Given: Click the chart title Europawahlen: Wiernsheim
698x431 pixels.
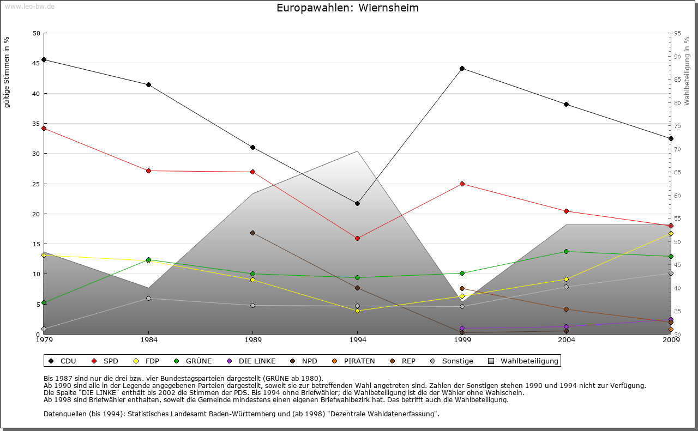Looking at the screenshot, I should tap(347, 8).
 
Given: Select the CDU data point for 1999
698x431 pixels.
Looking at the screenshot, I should tap(462, 68).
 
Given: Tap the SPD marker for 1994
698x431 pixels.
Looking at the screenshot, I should tap(357, 238).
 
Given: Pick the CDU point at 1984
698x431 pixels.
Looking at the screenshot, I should tap(148, 84).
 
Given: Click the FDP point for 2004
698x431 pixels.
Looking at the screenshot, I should tap(567, 279).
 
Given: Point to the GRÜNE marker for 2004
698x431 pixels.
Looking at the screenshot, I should tap(567, 251).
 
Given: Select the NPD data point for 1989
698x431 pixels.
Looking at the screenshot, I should tap(252, 233).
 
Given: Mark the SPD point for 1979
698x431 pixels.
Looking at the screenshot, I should tap(44, 128).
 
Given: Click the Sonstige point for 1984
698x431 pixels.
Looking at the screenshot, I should tap(148, 298).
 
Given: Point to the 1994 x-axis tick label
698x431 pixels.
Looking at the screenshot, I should tap(357, 341).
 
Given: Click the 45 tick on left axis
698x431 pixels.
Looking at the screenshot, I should tap(37, 63).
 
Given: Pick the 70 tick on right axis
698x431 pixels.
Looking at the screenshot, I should tap(677, 149).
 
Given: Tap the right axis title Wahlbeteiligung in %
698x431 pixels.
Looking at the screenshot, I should tap(687, 71).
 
